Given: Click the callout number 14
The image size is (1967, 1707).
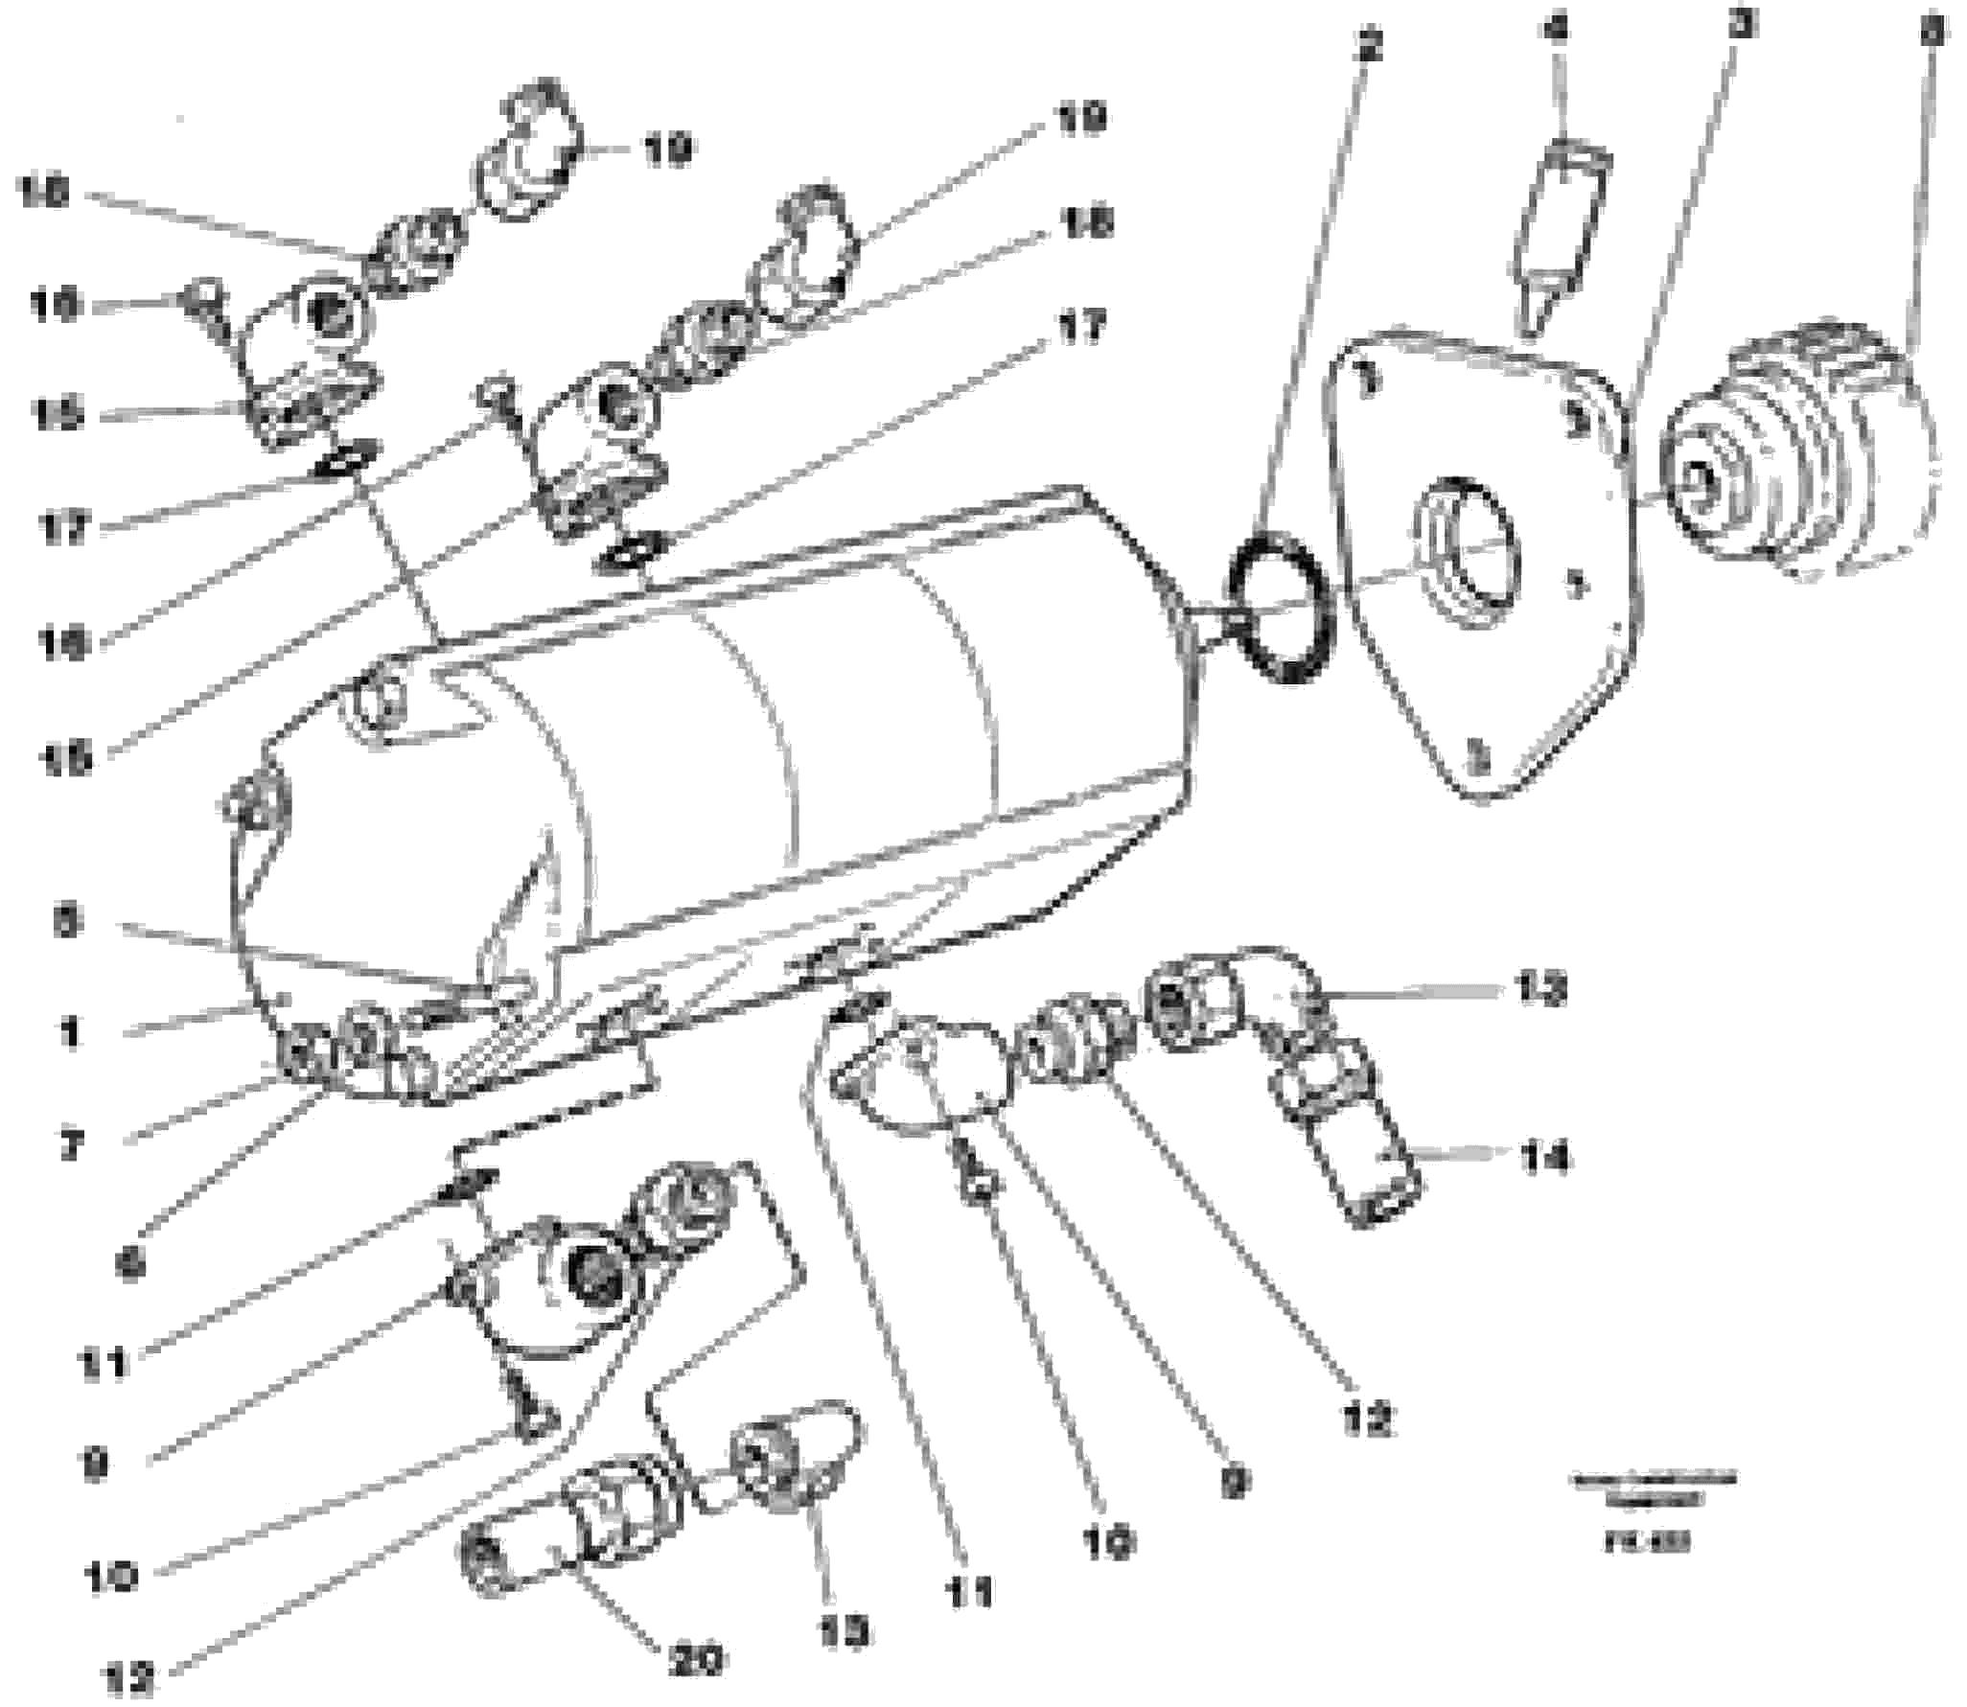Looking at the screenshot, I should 1544,1159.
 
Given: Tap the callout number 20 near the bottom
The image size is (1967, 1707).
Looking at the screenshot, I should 697,1659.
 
